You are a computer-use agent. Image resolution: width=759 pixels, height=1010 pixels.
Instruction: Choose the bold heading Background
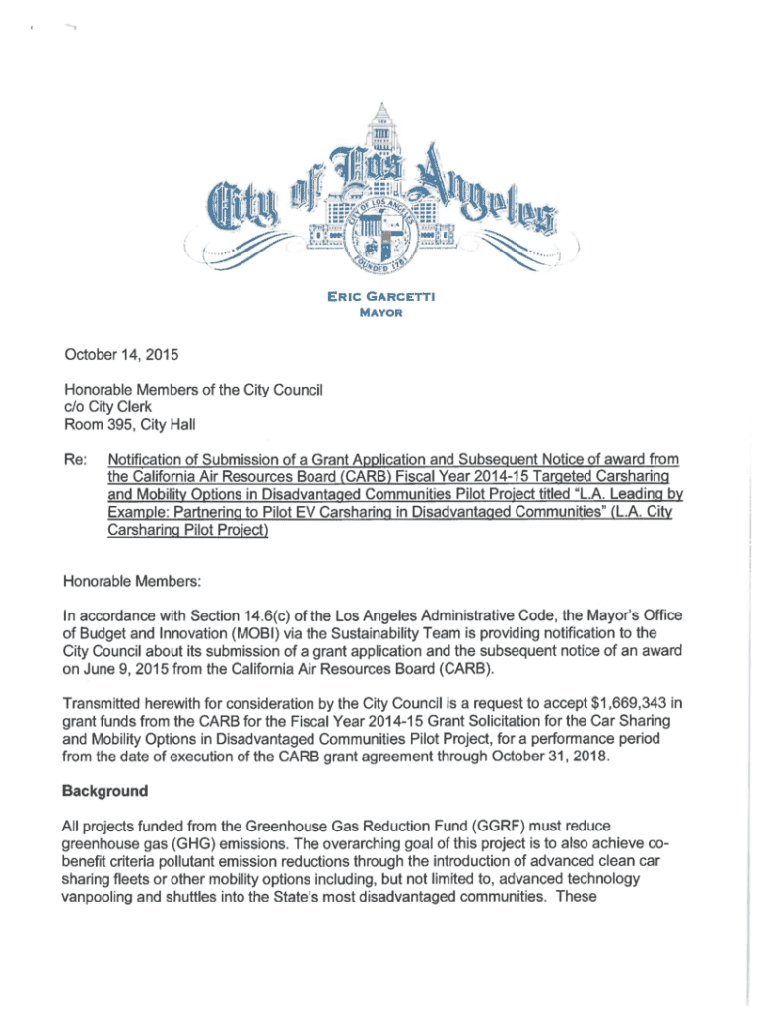(x=104, y=791)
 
